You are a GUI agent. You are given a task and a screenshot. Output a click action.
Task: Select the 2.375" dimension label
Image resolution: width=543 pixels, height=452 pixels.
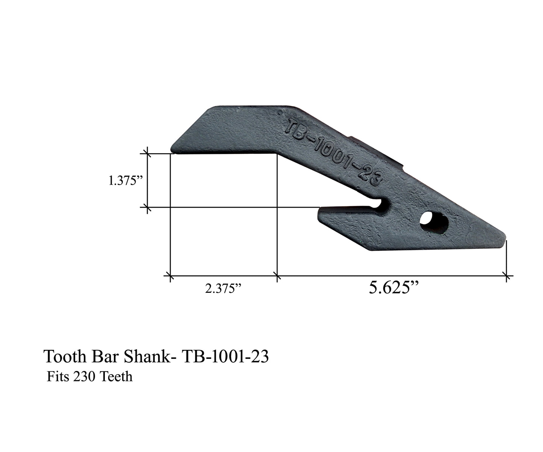[x=223, y=289]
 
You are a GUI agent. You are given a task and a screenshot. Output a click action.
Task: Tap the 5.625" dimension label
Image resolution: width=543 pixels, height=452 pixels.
[x=394, y=288]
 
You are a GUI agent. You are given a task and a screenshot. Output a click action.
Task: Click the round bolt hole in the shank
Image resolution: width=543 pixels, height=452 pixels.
[x=434, y=222]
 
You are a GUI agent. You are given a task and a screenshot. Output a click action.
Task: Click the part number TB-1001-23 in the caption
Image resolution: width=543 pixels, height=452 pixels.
[x=225, y=357]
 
